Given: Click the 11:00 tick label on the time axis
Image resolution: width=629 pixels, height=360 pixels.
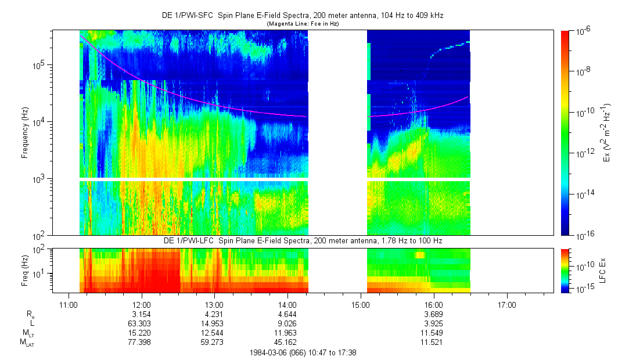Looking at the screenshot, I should point(69,304).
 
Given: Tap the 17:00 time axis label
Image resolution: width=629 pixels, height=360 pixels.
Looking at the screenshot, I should point(507,304).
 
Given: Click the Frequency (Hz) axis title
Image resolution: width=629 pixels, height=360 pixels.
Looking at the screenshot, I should point(25,134).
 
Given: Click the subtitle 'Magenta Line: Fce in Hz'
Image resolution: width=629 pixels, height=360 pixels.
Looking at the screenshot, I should point(302,24).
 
